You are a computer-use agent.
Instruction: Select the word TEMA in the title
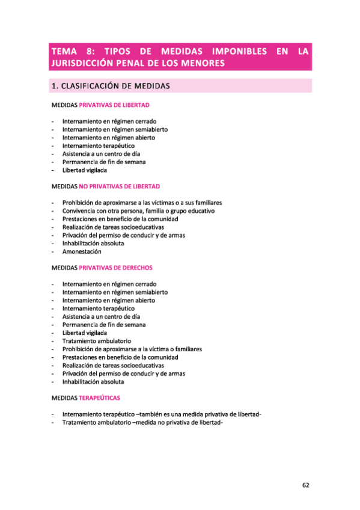[x=64, y=52]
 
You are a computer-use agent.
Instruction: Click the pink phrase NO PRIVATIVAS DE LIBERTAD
[x=119, y=186]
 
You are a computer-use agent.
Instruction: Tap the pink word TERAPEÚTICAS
[x=99, y=398]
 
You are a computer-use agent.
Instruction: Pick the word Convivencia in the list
[x=81, y=211]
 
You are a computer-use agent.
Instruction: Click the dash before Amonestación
[x=53, y=251]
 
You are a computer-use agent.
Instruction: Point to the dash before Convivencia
[x=53, y=211]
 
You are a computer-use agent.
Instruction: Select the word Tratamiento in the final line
[x=81, y=422]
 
